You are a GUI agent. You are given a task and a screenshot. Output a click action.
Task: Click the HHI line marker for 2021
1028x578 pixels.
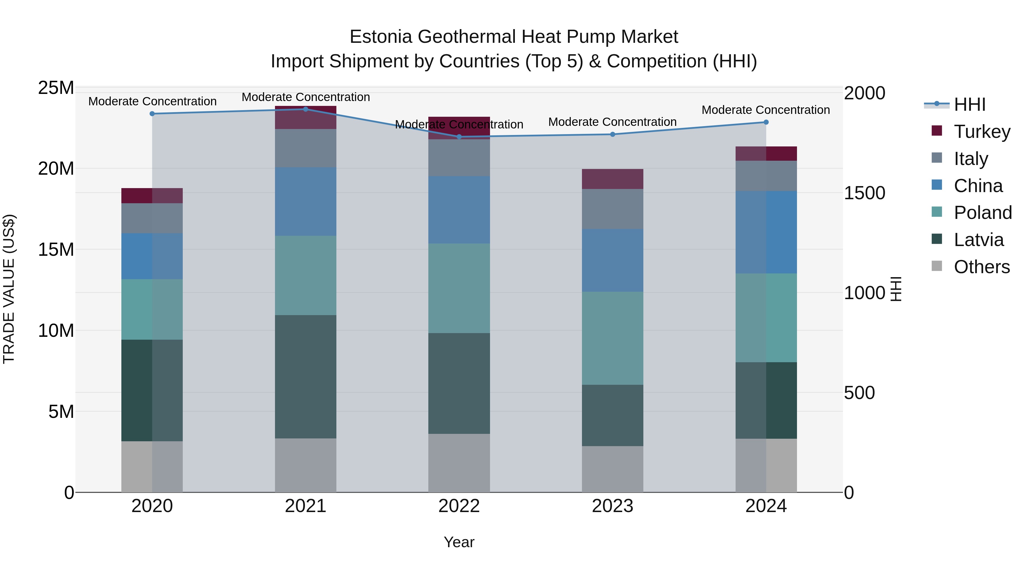(x=306, y=109)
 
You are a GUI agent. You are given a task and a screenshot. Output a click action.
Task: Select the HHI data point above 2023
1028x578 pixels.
(x=613, y=134)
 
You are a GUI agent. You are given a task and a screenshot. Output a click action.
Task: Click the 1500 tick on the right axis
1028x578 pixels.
(x=864, y=193)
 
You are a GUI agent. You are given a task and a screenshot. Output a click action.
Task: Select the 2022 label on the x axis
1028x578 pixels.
(x=459, y=506)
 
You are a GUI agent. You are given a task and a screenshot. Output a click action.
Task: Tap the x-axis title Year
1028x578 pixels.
(x=459, y=542)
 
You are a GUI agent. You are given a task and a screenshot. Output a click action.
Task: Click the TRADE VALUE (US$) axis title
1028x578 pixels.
(x=9, y=289)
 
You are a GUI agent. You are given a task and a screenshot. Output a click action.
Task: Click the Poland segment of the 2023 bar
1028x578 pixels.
(x=613, y=338)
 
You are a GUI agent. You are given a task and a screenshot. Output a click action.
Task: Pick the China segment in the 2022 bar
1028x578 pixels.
(x=459, y=210)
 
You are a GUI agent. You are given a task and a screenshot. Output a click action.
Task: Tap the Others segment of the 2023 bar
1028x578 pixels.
(x=613, y=469)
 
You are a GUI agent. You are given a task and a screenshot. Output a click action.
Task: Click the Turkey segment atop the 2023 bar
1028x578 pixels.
(x=613, y=179)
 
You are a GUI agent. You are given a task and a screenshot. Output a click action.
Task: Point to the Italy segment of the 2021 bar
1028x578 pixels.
(x=306, y=148)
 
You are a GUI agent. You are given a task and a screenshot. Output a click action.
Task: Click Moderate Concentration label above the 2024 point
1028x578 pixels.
(x=765, y=110)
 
